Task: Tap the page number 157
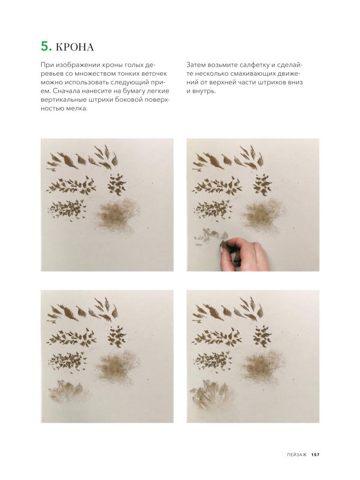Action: tap(315, 454)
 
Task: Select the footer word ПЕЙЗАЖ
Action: tap(297, 454)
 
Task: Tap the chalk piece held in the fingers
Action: tap(224, 244)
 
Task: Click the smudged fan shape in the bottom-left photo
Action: tap(70, 392)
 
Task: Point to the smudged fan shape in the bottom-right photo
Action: tap(212, 394)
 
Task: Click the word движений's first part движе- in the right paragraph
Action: tap(288, 73)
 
